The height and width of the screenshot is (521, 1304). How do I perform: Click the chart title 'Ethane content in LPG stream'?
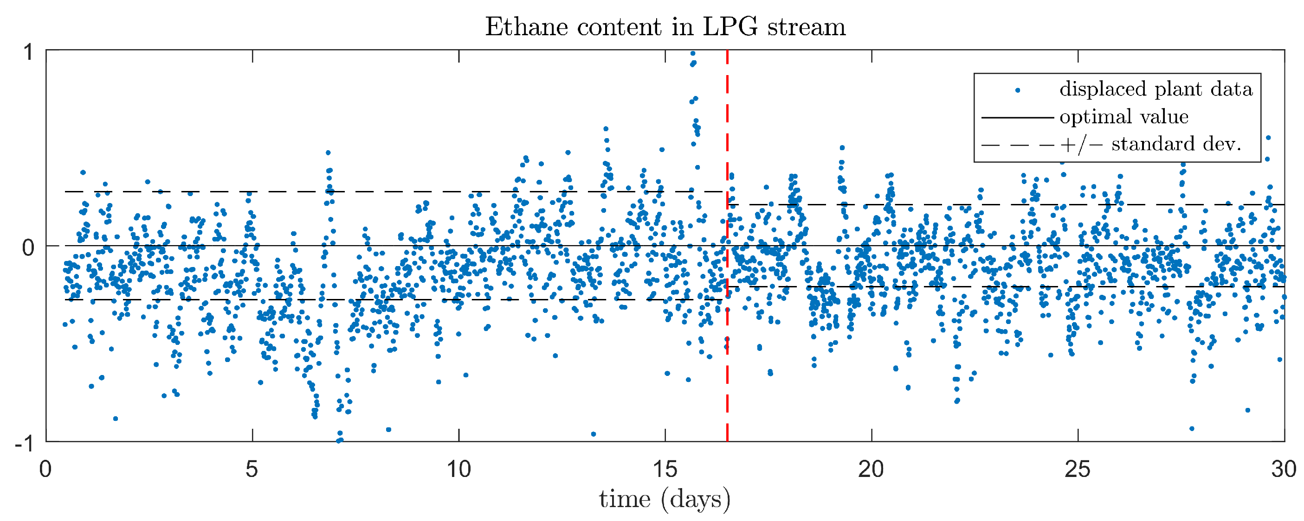click(665, 26)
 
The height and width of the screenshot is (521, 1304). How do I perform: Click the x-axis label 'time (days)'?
click(665, 499)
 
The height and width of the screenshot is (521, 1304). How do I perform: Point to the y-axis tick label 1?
click(28, 52)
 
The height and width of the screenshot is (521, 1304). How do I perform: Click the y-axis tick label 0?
click(28, 248)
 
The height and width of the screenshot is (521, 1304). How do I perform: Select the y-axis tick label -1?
click(24, 444)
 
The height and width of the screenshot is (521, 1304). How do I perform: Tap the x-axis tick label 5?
click(252, 470)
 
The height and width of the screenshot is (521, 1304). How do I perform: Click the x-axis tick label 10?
click(458, 470)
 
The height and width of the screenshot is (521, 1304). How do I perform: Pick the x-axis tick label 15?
click(665, 470)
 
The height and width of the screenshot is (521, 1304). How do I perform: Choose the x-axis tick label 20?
click(871, 470)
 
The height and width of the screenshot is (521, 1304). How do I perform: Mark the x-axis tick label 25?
click(1077, 470)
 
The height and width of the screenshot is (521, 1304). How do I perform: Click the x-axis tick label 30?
click(1283, 470)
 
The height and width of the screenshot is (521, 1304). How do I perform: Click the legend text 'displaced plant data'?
click(1156, 89)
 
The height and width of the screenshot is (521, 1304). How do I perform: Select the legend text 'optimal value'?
click(1124, 117)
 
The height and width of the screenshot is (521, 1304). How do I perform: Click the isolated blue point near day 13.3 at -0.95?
click(593, 434)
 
